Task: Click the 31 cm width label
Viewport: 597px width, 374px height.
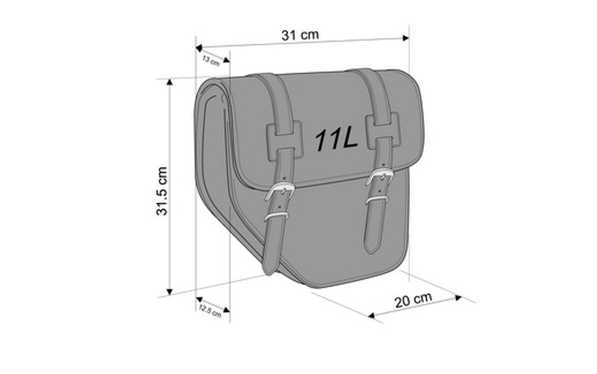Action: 300,34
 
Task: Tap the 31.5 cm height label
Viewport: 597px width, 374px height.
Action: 162,191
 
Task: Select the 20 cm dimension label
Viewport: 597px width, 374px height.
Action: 413,300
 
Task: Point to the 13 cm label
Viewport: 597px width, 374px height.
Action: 210,60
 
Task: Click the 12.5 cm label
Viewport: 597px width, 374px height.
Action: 209,310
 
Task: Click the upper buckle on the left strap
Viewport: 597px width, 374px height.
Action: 279,192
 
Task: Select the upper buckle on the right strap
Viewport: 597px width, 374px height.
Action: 380,177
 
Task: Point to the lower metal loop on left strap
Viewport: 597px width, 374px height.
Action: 276,216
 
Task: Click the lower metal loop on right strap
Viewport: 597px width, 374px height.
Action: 377,201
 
